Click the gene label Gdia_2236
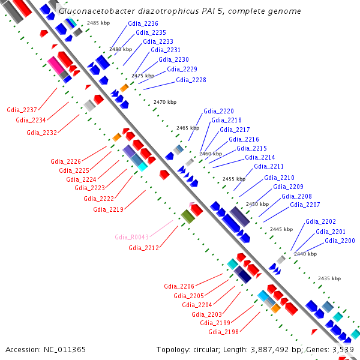pyautogui.click(x=143, y=23)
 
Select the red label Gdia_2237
pyautogui.click(x=22, y=110)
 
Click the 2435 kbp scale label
pyautogui.click(x=329, y=278)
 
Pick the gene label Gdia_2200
pyautogui.click(x=340, y=241)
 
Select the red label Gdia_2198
pyautogui.click(x=223, y=332)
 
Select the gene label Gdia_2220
pyautogui.click(x=218, y=111)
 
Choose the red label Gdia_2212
pyautogui.click(x=143, y=248)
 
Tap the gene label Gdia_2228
pyautogui.click(x=191, y=80)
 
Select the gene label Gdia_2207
pyautogui.click(x=305, y=205)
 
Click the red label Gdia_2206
pyautogui.click(x=179, y=286)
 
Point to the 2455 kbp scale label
pyautogui.click(x=234, y=179)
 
